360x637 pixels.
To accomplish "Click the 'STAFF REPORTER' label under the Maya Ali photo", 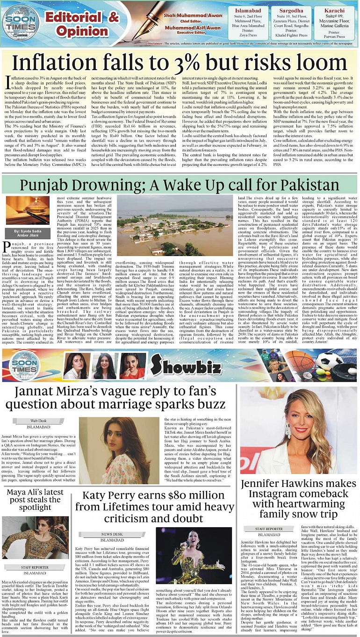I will [x=35, y=567].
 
